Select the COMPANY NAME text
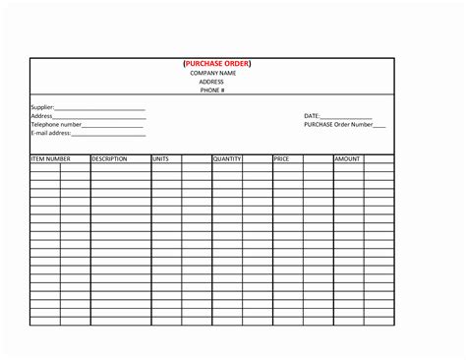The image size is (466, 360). [x=213, y=73]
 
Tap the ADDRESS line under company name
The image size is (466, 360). [x=212, y=82]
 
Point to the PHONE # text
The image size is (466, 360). [x=212, y=90]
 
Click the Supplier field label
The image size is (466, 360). [x=42, y=107]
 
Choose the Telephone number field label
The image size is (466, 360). [x=56, y=125]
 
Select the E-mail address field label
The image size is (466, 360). [x=51, y=134]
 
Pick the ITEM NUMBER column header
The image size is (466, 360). [x=51, y=158]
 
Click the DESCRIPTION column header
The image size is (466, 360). [x=110, y=158]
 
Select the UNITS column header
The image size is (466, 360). [x=161, y=158]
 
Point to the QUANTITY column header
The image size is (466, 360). [x=227, y=158]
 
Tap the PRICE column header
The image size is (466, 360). [x=281, y=158]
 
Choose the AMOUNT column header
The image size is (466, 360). [x=347, y=158]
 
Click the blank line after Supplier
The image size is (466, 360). [x=100, y=108]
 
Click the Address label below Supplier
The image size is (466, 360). [x=41, y=116]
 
